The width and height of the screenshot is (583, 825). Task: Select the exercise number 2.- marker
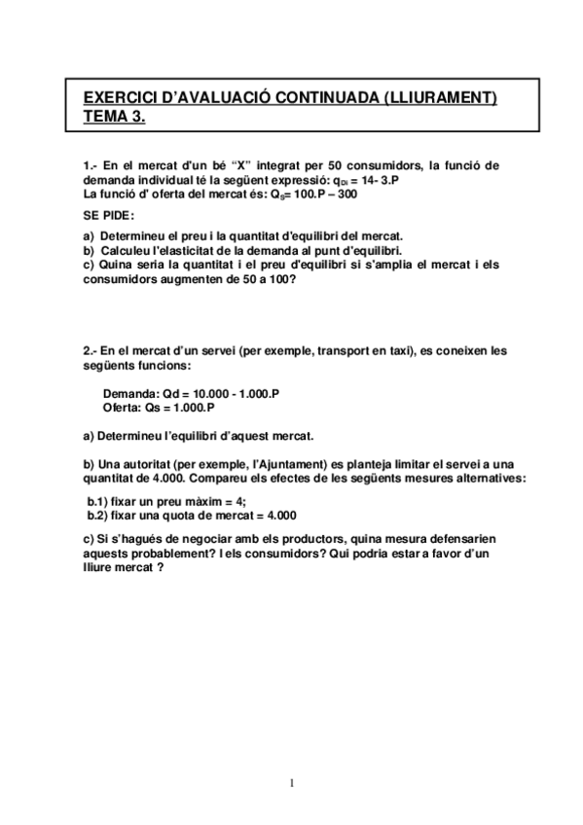91,350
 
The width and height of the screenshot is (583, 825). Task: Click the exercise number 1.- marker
91,166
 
